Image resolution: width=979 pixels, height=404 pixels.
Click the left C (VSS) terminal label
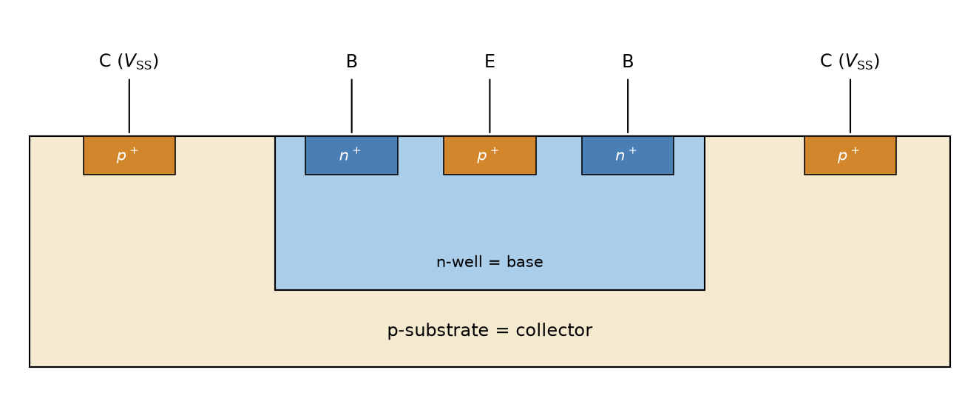[x=129, y=61]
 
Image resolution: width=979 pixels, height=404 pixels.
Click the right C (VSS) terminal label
[x=850, y=61]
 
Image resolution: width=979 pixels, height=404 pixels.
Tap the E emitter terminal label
[x=489, y=61]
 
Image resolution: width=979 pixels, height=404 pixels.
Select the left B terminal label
[x=351, y=61]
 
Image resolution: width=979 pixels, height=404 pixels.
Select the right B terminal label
[x=628, y=61]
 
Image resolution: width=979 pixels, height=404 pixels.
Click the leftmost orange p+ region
[x=129, y=155]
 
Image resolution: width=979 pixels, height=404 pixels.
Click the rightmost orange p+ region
[x=850, y=155]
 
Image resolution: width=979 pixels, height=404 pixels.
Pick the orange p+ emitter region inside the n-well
[x=489, y=155]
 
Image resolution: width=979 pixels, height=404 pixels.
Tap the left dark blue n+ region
[x=351, y=155]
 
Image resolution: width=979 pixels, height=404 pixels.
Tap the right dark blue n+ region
[x=628, y=155]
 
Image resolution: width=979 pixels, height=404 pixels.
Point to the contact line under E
[x=489, y=106]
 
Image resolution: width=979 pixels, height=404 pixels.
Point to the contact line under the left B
[x=351, y=106]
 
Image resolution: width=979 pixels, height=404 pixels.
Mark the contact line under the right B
[x=628, y=106]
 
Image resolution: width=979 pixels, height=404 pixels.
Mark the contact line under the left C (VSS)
[x=129, y=106]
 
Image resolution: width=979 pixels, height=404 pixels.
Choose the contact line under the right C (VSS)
[x=850, y=106]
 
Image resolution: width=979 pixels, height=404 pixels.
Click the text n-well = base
[x=489, y=262]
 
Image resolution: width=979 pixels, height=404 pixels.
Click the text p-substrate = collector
[x=489, y=331]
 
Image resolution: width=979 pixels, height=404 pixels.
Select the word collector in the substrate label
[x=554, y=330]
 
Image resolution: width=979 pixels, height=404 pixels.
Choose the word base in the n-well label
[x=524, y=262]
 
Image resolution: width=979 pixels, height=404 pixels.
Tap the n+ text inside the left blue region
[x=350, y=155]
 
